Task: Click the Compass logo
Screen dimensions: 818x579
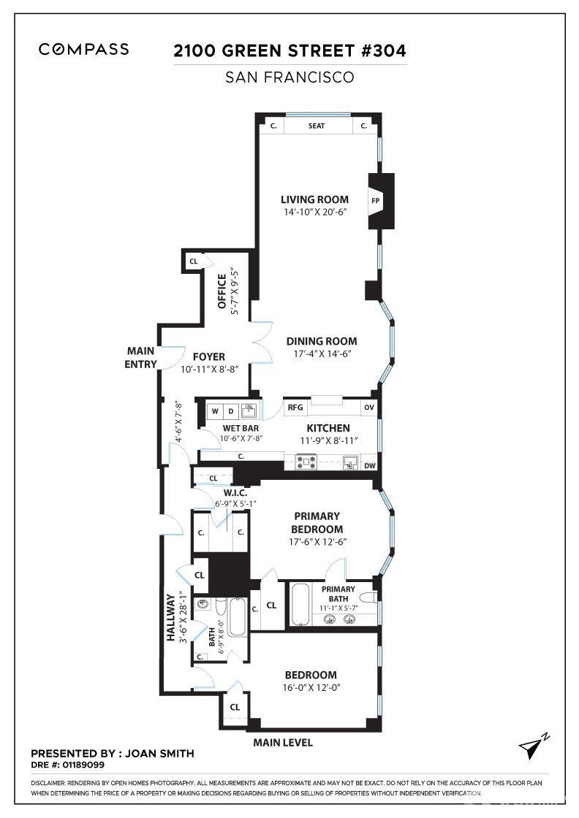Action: point(83,50)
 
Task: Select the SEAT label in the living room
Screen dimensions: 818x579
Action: point(317,126)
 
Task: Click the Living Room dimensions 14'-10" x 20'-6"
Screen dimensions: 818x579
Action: point(314,213)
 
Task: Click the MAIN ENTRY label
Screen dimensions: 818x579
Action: point(141,357)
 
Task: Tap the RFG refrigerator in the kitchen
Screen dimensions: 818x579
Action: point(295,408)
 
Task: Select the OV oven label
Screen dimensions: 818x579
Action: point(368,408)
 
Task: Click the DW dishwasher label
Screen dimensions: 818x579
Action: point(369,465)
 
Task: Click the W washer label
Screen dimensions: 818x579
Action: point(215,411)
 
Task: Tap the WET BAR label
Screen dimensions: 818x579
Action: point(241,428)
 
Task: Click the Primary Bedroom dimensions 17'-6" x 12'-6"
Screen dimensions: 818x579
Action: point(317,542)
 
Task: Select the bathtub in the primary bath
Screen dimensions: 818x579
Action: point(300,604)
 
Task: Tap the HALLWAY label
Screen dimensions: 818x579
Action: point(171,617)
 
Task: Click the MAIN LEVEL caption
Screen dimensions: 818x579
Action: point(283,743)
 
